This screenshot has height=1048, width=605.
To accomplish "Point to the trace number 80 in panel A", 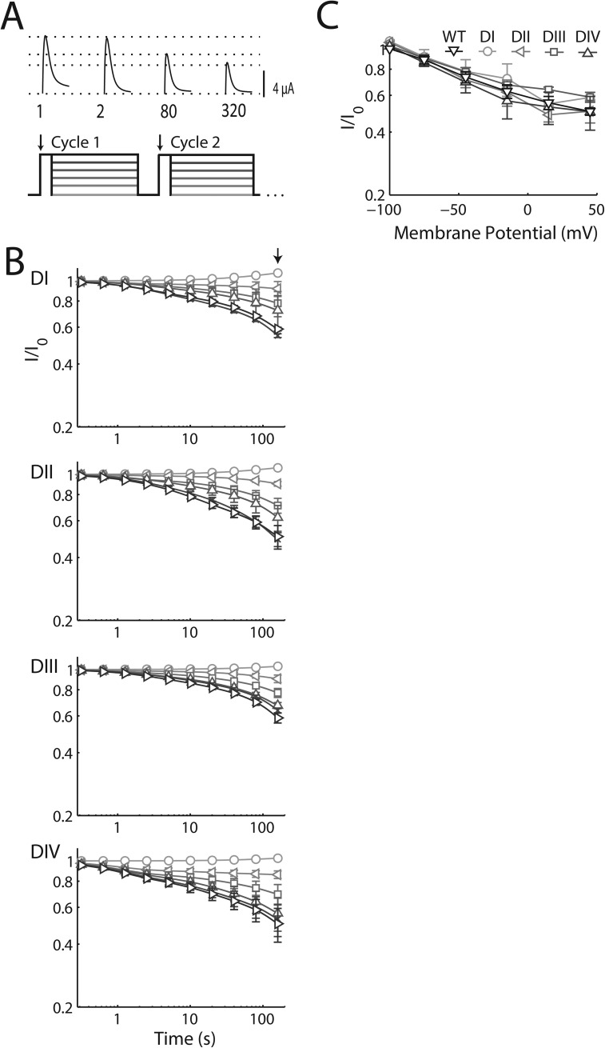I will (168, 110).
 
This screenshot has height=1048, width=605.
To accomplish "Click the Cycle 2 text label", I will (195, 143).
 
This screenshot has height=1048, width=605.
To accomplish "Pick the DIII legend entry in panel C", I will (552, 35).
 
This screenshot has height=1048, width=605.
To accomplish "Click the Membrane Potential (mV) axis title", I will (492, 234).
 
